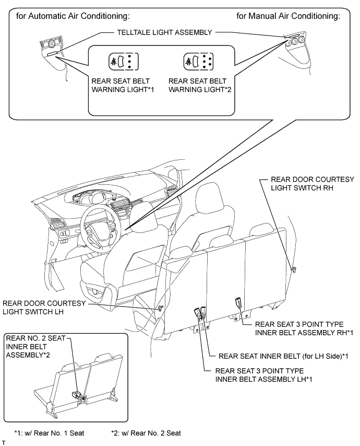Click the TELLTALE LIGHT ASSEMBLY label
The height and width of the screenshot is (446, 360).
164,32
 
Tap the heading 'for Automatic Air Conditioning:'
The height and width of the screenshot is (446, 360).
73,16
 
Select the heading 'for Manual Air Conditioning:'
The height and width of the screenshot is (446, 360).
288,16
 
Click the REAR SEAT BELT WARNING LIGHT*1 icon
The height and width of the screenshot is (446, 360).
124,61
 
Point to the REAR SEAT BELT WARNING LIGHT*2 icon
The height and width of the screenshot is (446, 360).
198,61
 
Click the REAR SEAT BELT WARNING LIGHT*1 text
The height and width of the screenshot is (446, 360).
123,85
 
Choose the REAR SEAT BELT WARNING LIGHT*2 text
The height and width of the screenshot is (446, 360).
200,85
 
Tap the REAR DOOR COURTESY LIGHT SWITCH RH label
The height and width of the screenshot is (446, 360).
313,183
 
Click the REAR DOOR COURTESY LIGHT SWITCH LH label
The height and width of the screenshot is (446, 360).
44,308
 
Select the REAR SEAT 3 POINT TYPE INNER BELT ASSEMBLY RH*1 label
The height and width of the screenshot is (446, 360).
304,328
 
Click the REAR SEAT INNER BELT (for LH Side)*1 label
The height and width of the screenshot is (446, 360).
283,356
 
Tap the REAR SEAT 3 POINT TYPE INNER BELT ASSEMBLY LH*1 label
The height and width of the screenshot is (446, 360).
263,375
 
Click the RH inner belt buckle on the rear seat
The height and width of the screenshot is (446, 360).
238,302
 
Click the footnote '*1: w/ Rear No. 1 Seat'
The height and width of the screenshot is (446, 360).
49,433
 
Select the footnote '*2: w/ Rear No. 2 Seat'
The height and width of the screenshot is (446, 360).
146,433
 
